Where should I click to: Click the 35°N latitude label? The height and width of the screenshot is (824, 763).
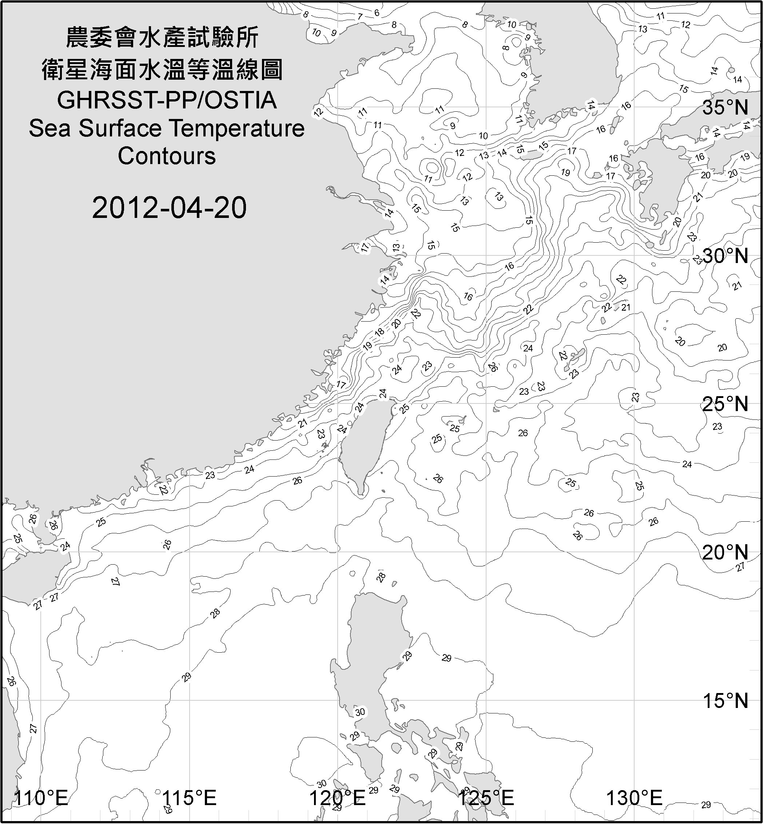point(725,108)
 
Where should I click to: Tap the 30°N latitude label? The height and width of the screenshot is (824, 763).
point(725,256)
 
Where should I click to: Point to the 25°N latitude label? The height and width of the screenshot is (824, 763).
point(725,404)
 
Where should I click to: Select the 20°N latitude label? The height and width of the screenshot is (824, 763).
point(725,552)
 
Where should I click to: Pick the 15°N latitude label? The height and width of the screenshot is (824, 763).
point(725,701)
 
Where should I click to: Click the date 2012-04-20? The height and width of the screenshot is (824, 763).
point(169,208)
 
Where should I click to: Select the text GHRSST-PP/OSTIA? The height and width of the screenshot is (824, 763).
point(167,100)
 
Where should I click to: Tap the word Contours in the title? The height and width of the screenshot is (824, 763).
point(167,156)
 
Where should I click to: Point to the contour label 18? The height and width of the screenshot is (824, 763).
point(379,331)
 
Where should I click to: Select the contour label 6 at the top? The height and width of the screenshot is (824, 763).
point(377,13)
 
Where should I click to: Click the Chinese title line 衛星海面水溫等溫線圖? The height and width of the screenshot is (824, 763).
point(162,69)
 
